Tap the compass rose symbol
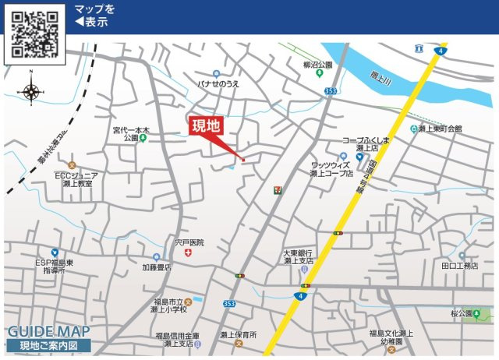point(31,92)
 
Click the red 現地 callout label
point(207,126)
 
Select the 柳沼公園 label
point(317,65)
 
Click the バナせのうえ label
point(218,83)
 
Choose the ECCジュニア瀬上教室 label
point(76,180)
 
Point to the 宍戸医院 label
point(189,243)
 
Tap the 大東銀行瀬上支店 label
point(298,257)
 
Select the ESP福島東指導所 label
point(55,266)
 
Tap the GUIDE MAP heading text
point(47,330)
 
